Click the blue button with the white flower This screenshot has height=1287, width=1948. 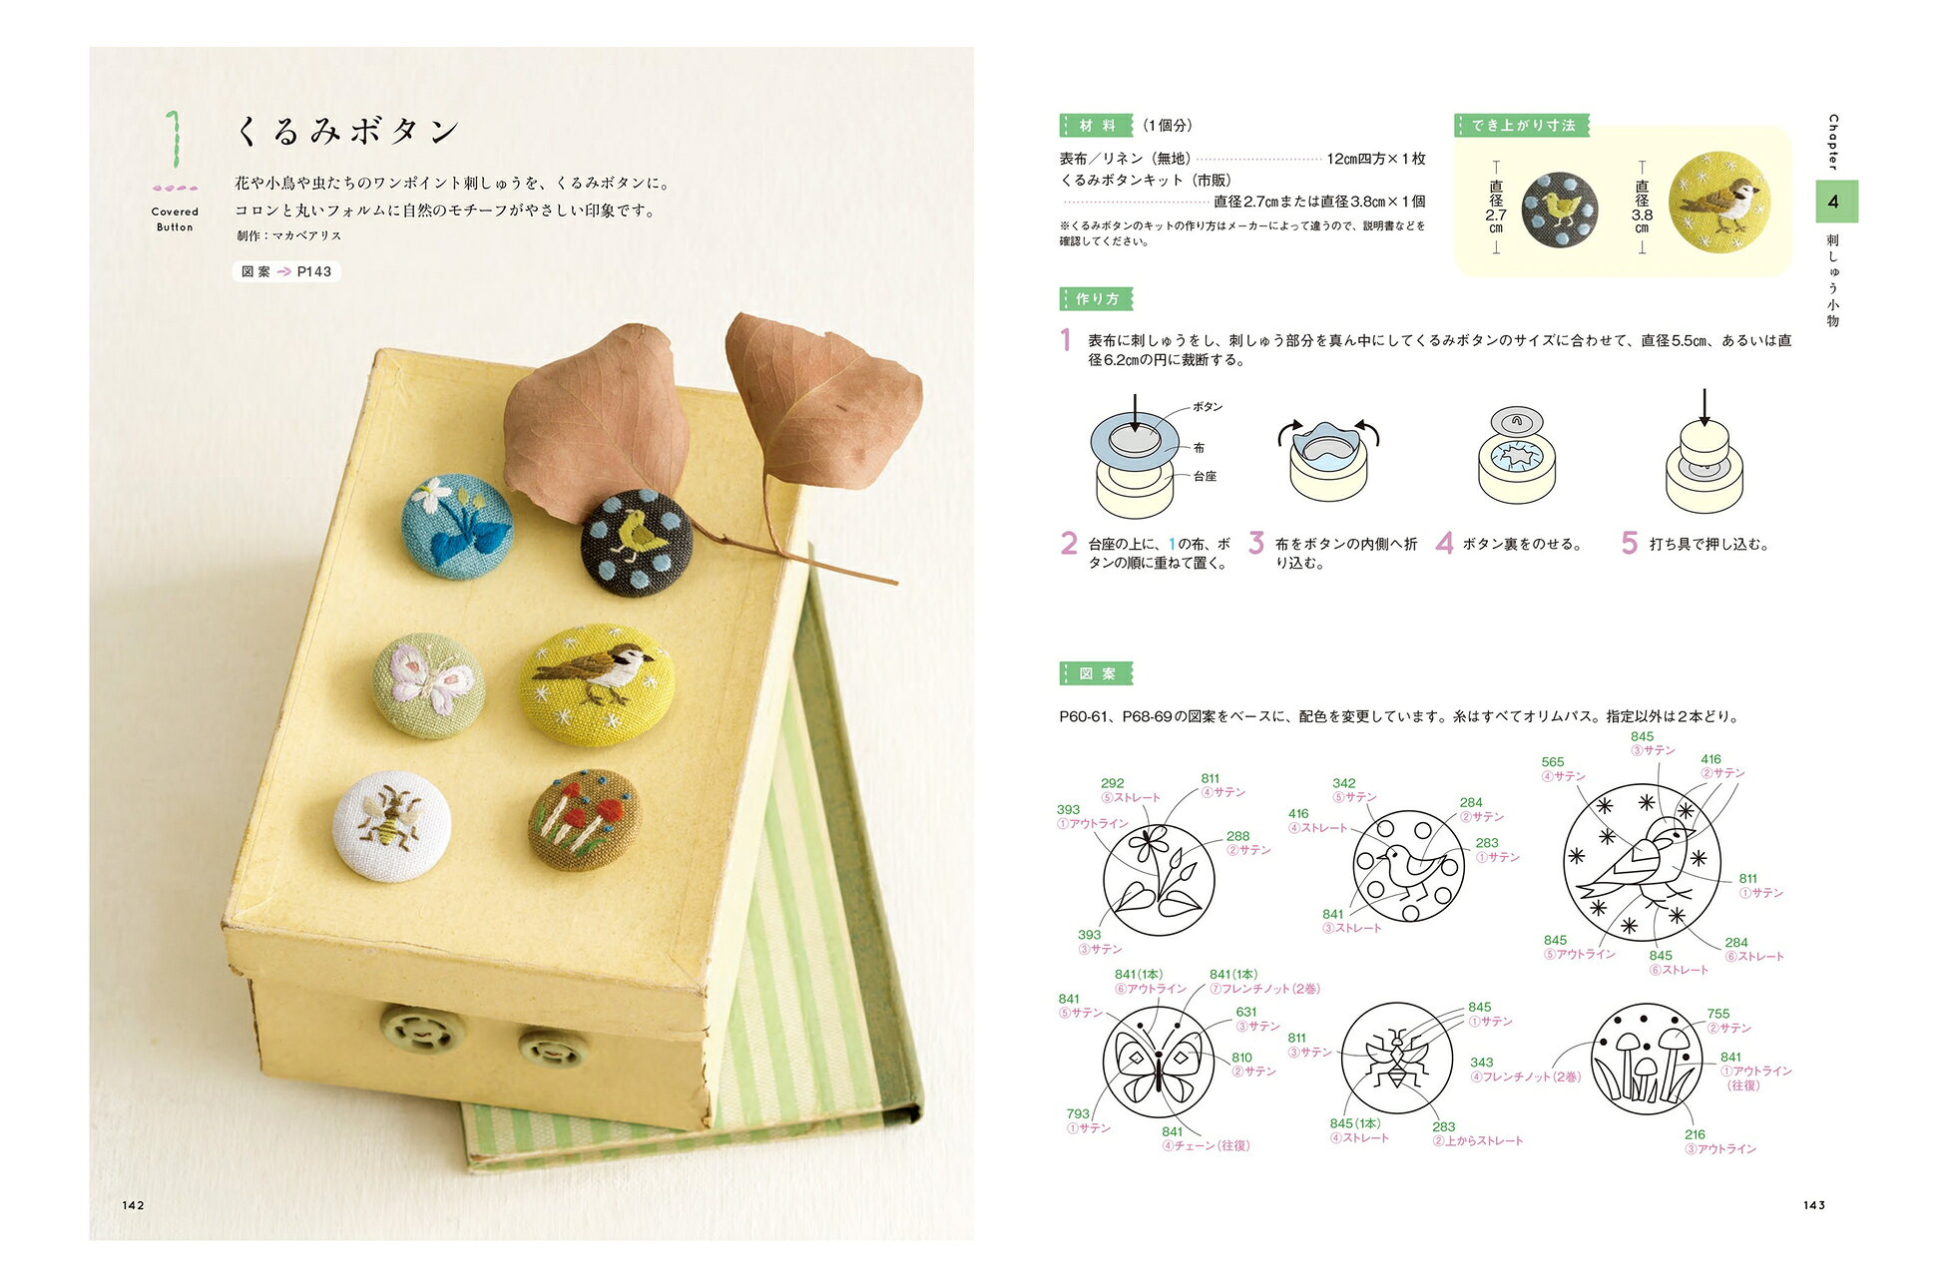click(456, 526)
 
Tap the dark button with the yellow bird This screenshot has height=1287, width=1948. click(637, 543)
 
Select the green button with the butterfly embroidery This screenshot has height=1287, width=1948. click(429, 685)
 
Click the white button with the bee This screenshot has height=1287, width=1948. click(391, 826)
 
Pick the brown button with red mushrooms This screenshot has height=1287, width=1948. click(584, 819)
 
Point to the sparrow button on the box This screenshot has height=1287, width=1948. click(597, 684)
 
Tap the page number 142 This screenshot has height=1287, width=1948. click(134, 1205)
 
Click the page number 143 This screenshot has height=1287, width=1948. click(1814, 1205)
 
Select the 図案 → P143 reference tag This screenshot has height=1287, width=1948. click(286, 271)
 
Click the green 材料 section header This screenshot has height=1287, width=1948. click(1096, 126)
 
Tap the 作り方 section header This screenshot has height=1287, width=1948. click(1096, 299)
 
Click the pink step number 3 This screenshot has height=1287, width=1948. click(1256, 543)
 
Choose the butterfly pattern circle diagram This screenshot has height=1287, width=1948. click(1158, 1062)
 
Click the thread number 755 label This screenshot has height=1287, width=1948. click(1718, 1014)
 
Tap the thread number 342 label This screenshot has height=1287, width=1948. click(1344, 783)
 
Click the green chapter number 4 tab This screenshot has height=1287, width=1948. click(1834, 202)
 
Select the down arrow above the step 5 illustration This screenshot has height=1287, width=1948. click(1704, 407)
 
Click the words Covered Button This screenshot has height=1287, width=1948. click(175, 219)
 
